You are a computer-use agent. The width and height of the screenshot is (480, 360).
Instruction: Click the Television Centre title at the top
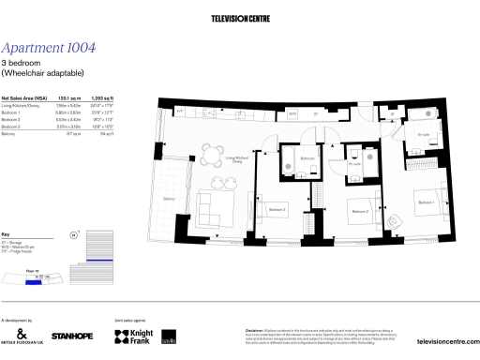(x=240, y=17)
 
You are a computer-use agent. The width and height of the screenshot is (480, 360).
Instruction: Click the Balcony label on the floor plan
(x=170, y=198)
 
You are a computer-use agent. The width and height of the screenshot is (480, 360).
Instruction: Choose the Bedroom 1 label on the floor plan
(x=427, y=202)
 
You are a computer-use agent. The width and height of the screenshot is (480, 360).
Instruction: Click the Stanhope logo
(x=71, y=336)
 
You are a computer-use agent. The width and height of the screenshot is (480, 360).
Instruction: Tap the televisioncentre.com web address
(x=447, y=343)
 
